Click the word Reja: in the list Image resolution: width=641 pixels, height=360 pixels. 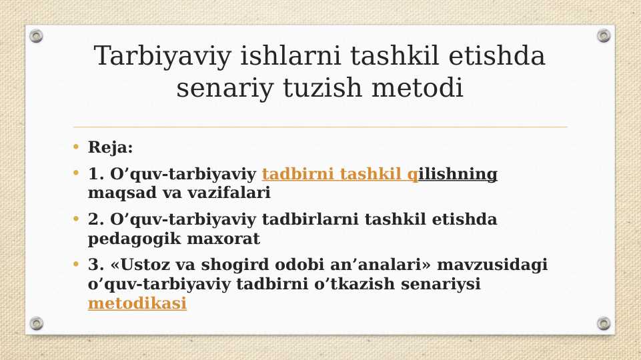(111, 148)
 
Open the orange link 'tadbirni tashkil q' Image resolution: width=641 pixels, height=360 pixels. (340, 175)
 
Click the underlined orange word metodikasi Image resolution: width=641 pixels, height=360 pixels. (137, 304)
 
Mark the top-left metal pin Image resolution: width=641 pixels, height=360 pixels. (37, 36)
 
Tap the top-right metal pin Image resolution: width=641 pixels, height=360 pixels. (604, 36)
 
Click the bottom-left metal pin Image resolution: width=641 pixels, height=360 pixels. (37, 323)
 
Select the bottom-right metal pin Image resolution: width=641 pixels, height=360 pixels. (604, 323)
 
